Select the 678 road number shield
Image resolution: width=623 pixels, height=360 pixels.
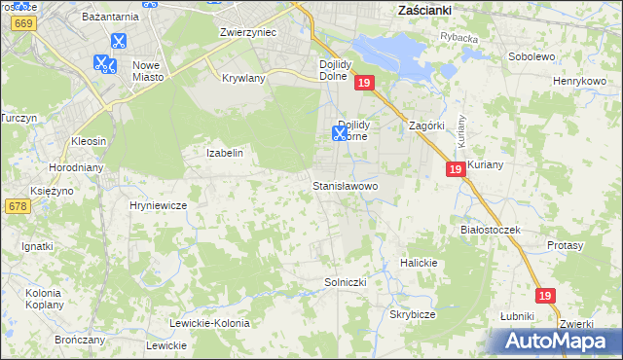tap(17, 206)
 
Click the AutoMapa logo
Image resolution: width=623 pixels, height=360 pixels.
tap(556, 341)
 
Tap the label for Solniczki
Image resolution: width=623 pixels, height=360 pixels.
tap(345, 282)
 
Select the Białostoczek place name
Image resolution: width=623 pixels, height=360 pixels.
tap(492, 230)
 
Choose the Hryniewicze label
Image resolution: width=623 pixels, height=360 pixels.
tap(158, 206)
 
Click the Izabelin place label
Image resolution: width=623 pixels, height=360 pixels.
tap(224, 153)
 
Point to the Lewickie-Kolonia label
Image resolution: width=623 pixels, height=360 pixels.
tap(209, 323)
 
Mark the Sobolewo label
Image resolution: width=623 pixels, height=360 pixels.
tap(531, 56)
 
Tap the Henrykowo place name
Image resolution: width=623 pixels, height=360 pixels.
tap(580, 81)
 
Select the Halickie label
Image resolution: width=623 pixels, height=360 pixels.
tap(420, 264)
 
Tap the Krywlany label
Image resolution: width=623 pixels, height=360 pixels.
tap(244, 78)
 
